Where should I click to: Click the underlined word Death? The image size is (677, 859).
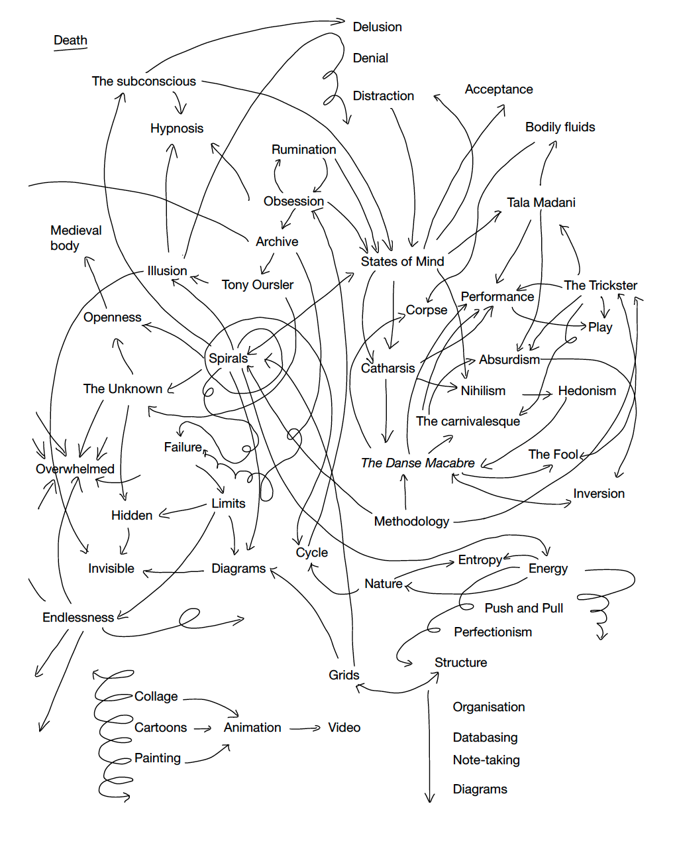(70, 40)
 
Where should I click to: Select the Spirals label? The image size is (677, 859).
(228, 359)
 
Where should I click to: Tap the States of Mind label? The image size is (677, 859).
(402, 262)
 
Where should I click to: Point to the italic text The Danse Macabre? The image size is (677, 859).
(417, 463)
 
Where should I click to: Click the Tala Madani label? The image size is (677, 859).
(541, 203)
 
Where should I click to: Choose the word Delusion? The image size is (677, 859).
(377, 27)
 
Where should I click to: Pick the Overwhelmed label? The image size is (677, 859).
(75, 469)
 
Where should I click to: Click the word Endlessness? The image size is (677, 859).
(78, 618)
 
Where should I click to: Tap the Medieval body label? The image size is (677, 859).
(76, 238)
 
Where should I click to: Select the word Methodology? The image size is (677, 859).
(411, 522)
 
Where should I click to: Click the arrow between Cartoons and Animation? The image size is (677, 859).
(203, 729)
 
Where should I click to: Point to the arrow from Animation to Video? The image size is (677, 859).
(305, 728)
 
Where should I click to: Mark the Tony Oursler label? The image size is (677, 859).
(257, 285)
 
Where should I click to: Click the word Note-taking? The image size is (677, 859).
(486, 760)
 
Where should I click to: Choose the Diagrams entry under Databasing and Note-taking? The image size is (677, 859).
(480, 789)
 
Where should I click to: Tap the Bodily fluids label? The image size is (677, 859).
(560, 127)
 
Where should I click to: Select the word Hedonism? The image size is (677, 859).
(587, 391)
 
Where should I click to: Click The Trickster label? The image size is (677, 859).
(600, 286)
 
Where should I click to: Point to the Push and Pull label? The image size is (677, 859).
(523, 608)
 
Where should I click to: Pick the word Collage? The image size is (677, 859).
(156, 697)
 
